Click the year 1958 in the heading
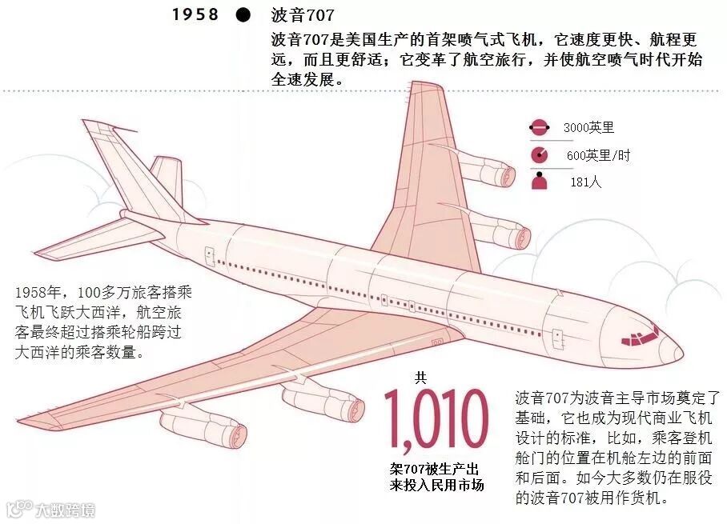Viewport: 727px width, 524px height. [195, 14]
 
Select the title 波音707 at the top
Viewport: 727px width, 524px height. [303, 14]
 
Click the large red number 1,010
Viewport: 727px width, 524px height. [436, 421]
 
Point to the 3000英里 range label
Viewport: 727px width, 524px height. [588, 127]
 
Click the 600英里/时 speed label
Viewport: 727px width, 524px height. [598, 155]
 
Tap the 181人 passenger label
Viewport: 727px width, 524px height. [585, 182]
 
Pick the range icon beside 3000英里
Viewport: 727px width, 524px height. [539, 128]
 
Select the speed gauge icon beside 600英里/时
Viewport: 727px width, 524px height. [539, 155]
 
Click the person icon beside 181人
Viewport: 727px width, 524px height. [539, 181]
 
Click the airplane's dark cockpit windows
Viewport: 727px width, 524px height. [639, 334]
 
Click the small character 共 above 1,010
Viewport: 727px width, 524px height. [420, 377]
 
